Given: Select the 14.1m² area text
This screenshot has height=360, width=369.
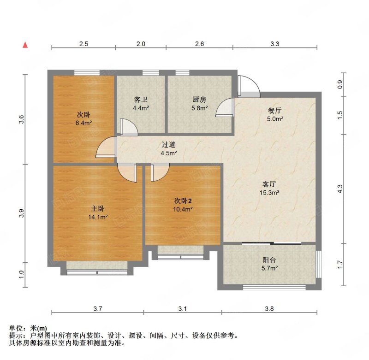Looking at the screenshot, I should [98, 217].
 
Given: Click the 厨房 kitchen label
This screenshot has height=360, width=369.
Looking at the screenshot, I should [199, 99].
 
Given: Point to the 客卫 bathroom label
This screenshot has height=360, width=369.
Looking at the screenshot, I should [140, 99].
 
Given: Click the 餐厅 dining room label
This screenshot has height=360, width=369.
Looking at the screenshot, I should [275, 111].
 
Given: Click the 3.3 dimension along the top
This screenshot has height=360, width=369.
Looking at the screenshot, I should [275, 44].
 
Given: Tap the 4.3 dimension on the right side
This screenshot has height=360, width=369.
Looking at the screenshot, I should [340, 189].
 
